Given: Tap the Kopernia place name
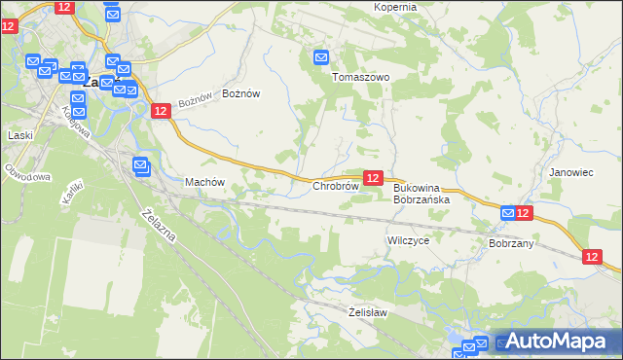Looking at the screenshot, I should tap(395, 7).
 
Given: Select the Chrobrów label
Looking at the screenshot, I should tap(335, 186).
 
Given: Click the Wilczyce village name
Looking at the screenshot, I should tap(408, 239).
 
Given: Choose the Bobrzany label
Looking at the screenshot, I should tap(511, 243).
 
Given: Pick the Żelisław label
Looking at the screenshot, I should tap(368, 312).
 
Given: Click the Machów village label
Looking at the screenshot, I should tap(204, 182).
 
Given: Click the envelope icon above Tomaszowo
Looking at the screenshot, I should tap(322, 58).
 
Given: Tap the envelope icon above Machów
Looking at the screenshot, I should tap(140, 166).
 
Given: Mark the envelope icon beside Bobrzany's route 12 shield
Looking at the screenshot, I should tap(508, 213).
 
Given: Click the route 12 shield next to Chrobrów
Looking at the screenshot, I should tap(372, 178).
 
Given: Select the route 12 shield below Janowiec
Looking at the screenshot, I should tap(594, 257).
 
